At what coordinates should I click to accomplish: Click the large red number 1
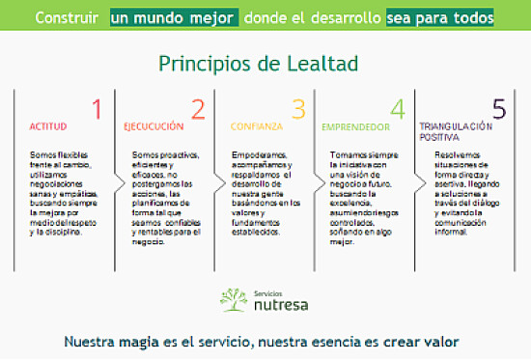(x=96, y=108)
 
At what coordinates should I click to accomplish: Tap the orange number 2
(x=197, y=109)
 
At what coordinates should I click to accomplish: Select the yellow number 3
(x=297, y=109)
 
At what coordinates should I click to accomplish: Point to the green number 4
(x=397, y=109)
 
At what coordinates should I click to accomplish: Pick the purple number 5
(x=498, y=109)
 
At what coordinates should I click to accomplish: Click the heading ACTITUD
(x=48, y=126)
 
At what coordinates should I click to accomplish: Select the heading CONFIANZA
(x=256, y=126)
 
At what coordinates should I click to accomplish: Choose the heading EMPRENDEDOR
(x=355, y=126)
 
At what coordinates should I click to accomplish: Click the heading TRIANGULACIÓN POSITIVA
(x=455, y=131)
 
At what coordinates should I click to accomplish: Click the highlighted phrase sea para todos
(x=439, y=17)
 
